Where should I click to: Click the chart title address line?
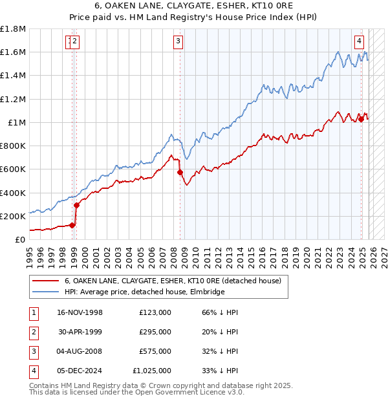pyautogui.click(x=194, y=6)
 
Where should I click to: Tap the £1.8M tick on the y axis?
pyautogui.click(x=13, y=29)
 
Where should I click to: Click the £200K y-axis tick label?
pyautogui.click(x=13, y=216)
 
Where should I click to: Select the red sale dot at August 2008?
pyautogui.click(x=180, y=172)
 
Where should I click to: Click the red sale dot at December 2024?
pyautogui.click(x=361, y=120)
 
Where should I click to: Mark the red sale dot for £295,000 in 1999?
pyautogui.click(x=76, y=205)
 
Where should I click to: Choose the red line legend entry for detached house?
pyautogui.click(x=172, y=281)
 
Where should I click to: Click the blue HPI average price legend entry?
pyautogui.click(x=144, y=292)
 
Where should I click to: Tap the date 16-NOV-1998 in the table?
pyautogui.click(x=80, y=312)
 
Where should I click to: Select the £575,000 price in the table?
pyautogui.click(x=155, y=351)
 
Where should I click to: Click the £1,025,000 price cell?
pyautogui.click(x=153, y=371)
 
